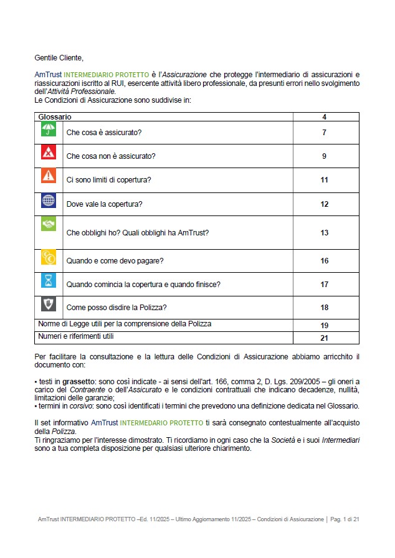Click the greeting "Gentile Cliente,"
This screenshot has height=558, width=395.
pyautogui.click(x=59, y=58)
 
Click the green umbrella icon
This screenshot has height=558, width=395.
pyautogui.click(x=49, y=129)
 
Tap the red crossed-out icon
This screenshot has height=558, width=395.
pyautogui.click(x=49, y=152)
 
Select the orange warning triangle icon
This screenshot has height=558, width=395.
pyautogui.click(x=49, y=176)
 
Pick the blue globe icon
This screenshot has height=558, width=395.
pyautogui.click(x=49, y=201)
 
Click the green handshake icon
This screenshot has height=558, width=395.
pyautogui.click(x=49, y=224)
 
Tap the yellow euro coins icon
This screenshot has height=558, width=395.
pyautogui.click(x=49, y=257)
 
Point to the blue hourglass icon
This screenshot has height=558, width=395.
pyautogui.click(x=49, y=280)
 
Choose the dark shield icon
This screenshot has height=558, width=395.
pyautogui.click(x=49, y=304)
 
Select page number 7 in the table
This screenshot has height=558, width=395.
pyautogui.click(x=325, y=133)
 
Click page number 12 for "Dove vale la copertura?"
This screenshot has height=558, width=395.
pyautogui.click(x=325, y=204)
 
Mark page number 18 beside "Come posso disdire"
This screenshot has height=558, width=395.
pyautogui.click(x=325, y=308)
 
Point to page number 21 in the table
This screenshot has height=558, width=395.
pyautogui.click(x=325, y=338)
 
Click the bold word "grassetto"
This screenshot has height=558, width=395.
pyautogui.click(x=75, y=381)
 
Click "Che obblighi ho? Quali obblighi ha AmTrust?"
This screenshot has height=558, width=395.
pyautogui.click(x=138, y=233)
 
